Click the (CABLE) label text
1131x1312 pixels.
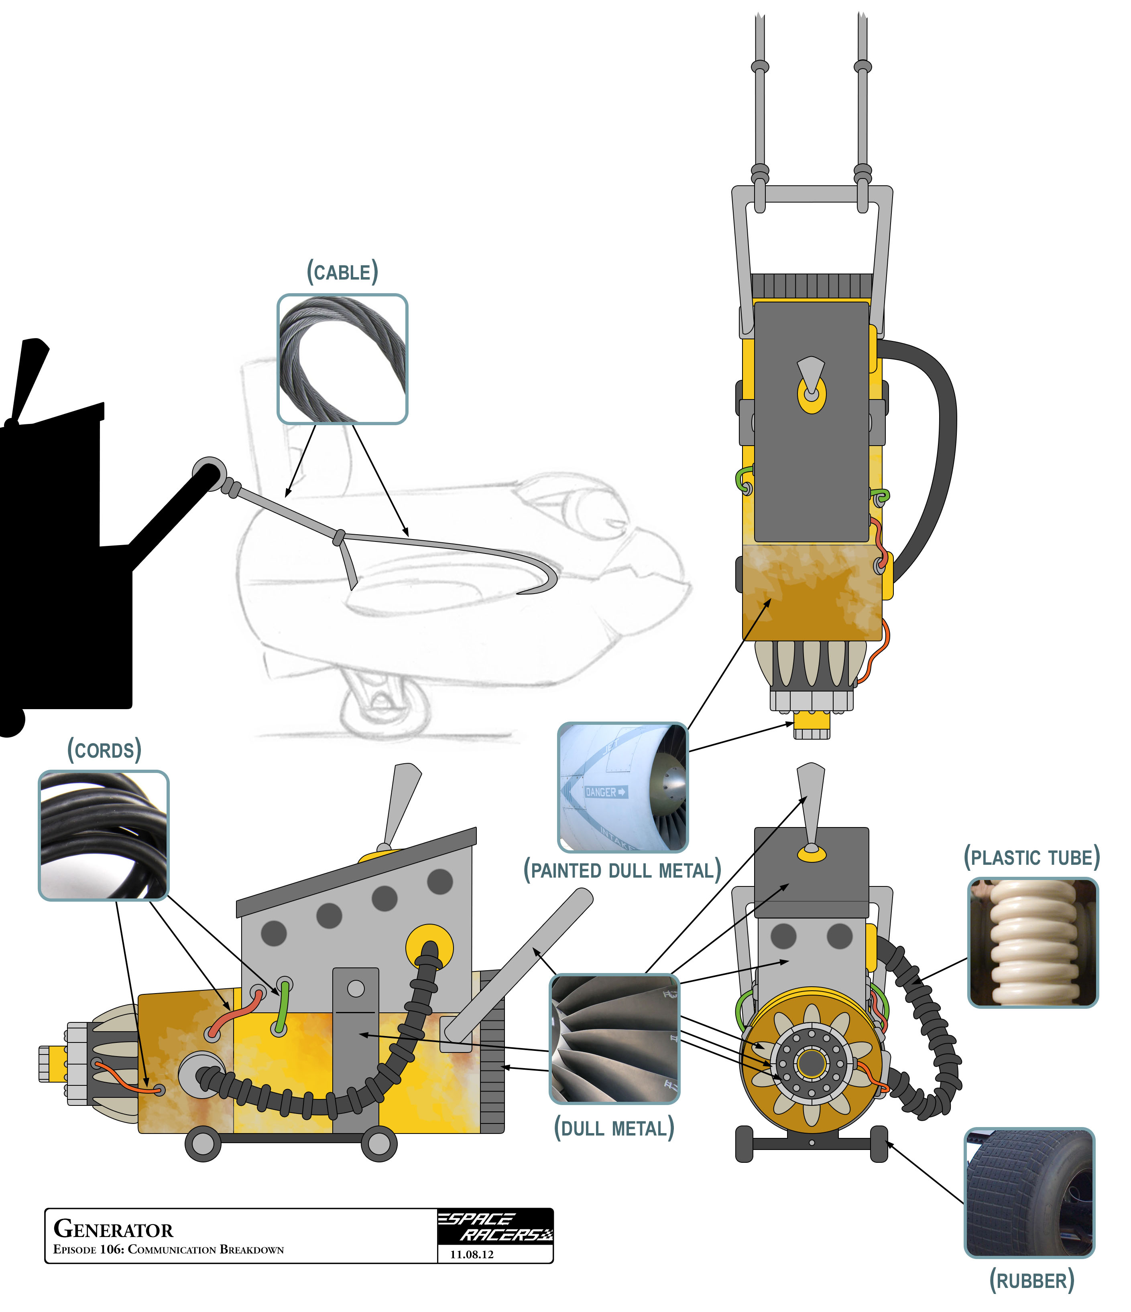tap(342, 272)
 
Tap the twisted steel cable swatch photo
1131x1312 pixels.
tap(342, 359)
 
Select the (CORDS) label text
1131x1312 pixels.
tap(104, 750)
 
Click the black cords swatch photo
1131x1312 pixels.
tap(104, 835)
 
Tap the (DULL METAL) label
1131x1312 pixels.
tap(614, 1128)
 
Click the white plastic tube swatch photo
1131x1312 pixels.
tap(1033, 942)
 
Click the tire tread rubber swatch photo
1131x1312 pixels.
tap(1029, 1193)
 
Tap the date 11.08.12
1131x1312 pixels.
tap(472, 1254)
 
